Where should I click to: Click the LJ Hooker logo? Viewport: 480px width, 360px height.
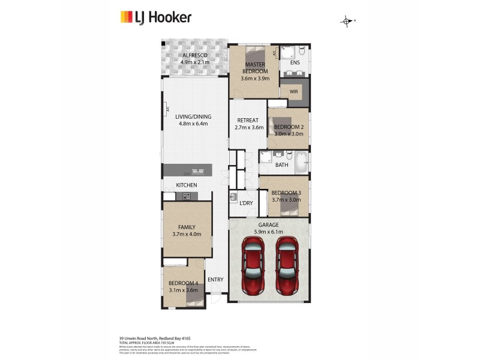(155, 17)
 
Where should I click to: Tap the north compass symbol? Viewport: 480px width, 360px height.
(347, 22)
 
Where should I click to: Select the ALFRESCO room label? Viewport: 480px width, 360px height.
(194, 55)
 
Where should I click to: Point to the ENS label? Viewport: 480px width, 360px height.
(295, 62)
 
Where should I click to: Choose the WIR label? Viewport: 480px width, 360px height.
(294, 91)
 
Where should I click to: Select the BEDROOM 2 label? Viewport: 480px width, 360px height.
(289, 127)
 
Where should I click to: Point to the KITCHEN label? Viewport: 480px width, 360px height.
(187, 185)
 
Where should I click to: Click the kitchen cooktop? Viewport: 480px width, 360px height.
(186, 196)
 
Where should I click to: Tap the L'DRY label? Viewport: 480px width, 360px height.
(246, 203)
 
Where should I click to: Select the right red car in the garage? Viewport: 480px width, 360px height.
(287, 265)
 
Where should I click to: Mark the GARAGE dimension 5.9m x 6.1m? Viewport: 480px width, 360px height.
(269, 232)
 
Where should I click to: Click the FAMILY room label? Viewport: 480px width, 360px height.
(187, 227)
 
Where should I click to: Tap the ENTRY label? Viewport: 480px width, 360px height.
(215, 280)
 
